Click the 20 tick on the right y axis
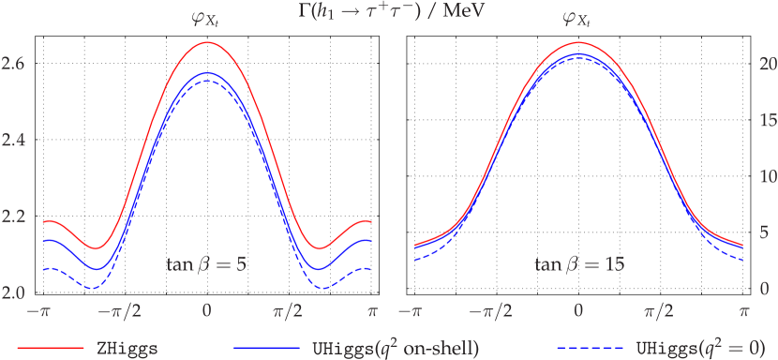tap(766, 64)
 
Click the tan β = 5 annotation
tap(206, 265)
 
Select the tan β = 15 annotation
tap(579, 265)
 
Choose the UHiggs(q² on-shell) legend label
tap(395, 348)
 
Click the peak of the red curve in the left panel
tap(206, 42)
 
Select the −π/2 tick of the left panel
tap(124, 310)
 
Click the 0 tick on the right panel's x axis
tap(579, 310)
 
